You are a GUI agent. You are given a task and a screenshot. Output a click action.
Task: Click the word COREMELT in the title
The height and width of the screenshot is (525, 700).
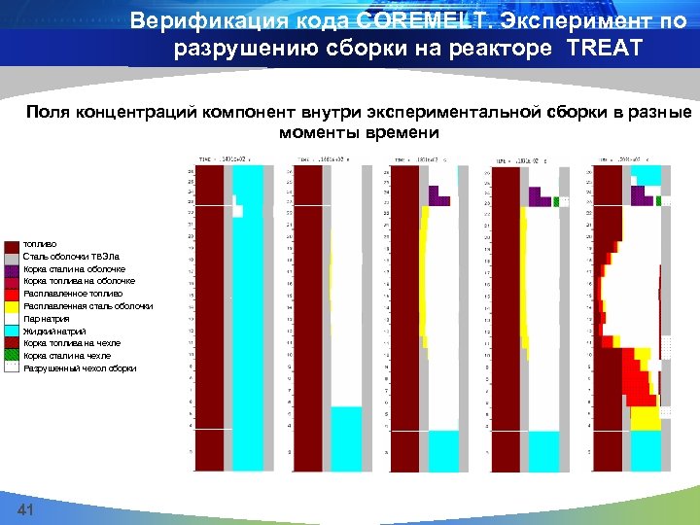(x=423, y=20)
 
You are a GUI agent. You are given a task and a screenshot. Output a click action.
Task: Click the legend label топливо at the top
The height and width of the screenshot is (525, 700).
(x=40, y=243)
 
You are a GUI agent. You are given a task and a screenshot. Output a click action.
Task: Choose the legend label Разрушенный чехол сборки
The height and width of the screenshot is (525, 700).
(x=80, y=369)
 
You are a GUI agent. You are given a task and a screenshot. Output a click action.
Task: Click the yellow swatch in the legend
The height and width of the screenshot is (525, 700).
(x=12, y=306)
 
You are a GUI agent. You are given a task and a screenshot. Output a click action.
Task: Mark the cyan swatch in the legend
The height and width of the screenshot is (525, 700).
(x=12, y=332)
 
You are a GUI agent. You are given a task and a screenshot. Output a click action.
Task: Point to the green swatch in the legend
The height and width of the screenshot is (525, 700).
(x=12, y=357)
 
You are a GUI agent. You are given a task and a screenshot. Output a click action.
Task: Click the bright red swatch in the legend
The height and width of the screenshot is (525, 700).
(x=12, y=294)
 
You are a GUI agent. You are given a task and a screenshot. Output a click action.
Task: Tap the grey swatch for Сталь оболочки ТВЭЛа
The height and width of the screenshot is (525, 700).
(x=12, y=256)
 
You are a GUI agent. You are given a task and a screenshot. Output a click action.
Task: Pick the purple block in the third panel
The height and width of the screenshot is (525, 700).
(x=438, y=196)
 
